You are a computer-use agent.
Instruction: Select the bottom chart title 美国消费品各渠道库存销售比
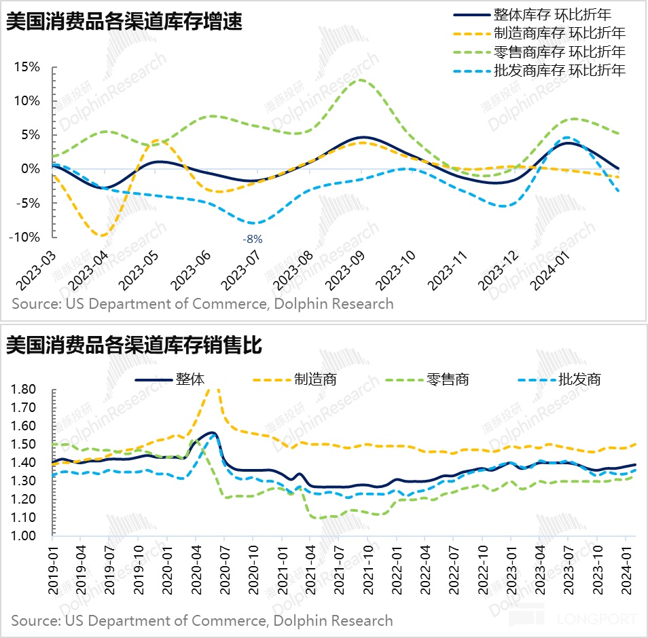(x=134, y=345)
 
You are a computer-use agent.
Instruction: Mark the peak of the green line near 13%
(x=361, y=80)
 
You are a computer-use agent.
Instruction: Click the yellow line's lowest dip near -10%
(x=101, y=236)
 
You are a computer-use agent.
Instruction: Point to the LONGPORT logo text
(x=596, y=619)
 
